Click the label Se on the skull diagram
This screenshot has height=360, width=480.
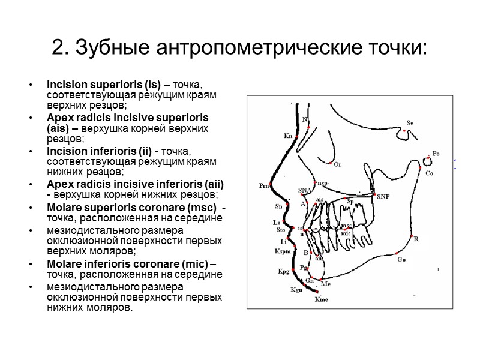tap(410, 123)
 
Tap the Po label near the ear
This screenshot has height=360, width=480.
tap(436, 154)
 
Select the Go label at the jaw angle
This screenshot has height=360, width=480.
tap(401, 260)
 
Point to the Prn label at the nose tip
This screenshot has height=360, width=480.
tap(263, 186)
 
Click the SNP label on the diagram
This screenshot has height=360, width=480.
tap(383, 196)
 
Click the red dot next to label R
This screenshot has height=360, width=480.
tap(412, 239)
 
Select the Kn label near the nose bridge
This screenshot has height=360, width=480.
tap(288, 136)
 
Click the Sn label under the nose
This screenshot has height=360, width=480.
tap(278, 206)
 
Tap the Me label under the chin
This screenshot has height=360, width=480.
tap(326, 283)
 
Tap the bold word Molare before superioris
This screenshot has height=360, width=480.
tap(65, 208)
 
